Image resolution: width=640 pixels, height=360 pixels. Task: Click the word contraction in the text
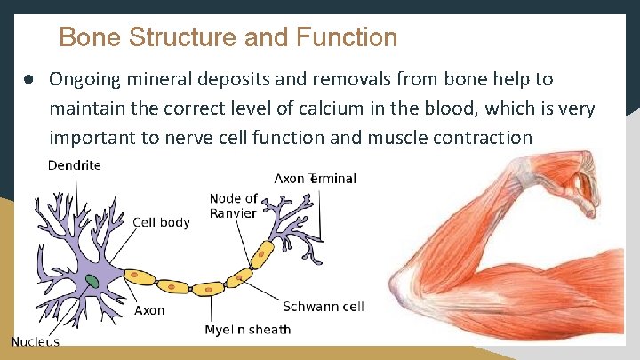tap(477, 138)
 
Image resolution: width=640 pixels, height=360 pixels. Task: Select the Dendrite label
tap(74, 164)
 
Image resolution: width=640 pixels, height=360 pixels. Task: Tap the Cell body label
tap(161, 222)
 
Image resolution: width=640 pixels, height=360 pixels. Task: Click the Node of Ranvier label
tap(234, 205)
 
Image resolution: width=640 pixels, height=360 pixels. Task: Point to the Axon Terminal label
tap(315, 179)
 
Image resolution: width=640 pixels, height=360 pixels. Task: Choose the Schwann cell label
tap(324, 307)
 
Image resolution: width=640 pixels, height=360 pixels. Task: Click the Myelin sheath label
tap(247, 330)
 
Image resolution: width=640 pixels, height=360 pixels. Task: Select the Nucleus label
tap(36, 342)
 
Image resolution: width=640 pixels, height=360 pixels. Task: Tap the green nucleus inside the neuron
tap(92, 283)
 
